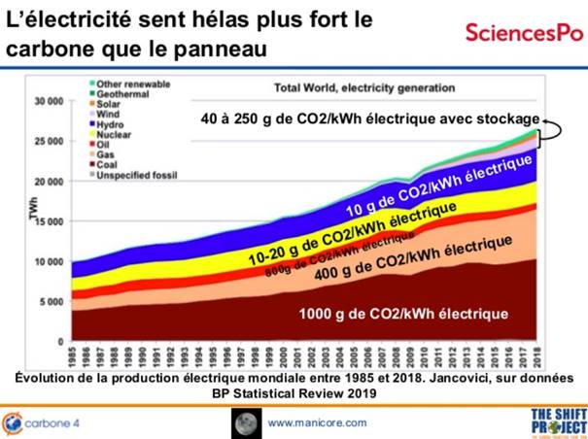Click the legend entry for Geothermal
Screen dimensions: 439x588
pyautogui.click(x=109, y=93)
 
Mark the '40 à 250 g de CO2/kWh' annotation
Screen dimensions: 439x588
pyautogui.click(x=370, y=118)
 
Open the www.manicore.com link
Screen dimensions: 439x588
pyautogui.click(x=317, y=422)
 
